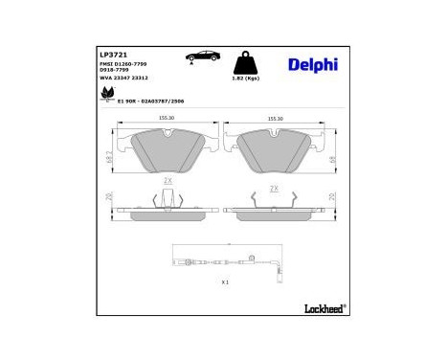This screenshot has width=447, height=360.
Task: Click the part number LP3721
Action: [112, 55]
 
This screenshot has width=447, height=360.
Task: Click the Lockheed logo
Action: [321, 307]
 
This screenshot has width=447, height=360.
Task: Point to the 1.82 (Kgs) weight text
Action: [247, 79]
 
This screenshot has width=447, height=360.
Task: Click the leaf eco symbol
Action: [107, 95]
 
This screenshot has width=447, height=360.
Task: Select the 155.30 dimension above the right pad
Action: [275, 120]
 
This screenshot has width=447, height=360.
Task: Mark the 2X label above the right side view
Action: [275, 189]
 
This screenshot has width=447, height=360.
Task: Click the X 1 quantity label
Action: [225, 282]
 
